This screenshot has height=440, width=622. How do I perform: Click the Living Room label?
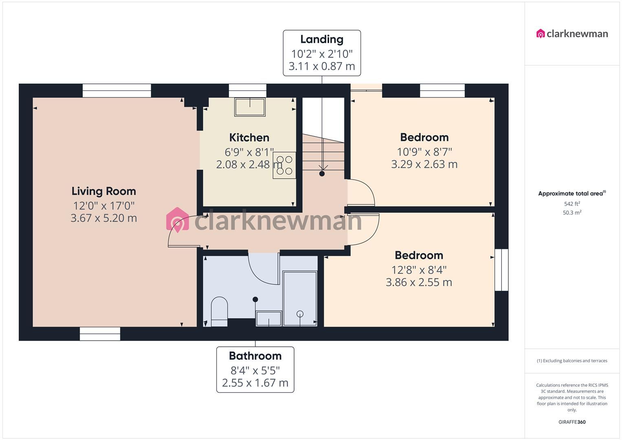point(103,191)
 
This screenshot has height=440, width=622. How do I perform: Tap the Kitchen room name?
point(249,138)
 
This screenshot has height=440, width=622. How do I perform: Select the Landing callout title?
point(322,40)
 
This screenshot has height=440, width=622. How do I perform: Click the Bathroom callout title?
point(255,356)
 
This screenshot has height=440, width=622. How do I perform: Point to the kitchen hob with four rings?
point(284,165)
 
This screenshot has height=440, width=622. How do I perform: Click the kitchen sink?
point(250,107)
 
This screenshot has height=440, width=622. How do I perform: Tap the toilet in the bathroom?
point(220,311)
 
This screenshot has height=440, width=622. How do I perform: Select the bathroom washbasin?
point(269,318)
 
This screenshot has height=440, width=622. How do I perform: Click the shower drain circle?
point(300,314)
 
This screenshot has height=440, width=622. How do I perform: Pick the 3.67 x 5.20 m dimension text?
point(103,218)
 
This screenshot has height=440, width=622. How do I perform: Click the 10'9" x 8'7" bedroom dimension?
point(424,152)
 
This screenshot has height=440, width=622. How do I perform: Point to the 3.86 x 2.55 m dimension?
point(419,282)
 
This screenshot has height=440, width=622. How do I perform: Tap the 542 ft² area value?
point(572,204)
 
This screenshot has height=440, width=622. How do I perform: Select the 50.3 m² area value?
point(572,213)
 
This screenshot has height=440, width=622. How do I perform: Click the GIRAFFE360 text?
point(572,422)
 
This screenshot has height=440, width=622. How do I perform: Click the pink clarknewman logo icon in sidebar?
point(541,33)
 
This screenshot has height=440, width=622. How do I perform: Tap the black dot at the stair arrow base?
point(322,174)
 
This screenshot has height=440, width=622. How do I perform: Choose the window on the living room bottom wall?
point(100,334)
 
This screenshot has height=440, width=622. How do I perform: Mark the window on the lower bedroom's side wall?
point(501,270)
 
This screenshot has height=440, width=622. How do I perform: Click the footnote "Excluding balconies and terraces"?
point(572,361)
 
